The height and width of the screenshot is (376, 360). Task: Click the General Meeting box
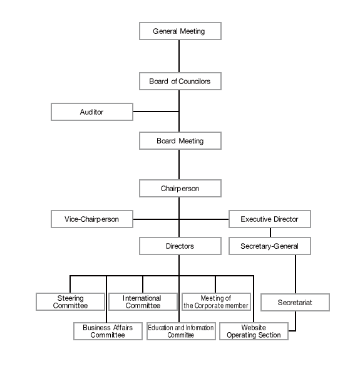[180, 31]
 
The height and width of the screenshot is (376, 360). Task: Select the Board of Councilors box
[180, 81]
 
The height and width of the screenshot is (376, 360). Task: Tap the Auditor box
[91, 112]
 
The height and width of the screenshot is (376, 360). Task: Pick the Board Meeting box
[180, 141]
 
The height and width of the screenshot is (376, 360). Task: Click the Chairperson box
[180, 187]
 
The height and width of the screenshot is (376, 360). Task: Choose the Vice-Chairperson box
[91, 219]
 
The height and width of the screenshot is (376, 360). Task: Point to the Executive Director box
[269, 219]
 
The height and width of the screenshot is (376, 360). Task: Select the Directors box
[180, 246]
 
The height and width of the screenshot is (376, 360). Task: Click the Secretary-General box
[269, 246]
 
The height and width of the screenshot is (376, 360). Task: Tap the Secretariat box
[295, 303]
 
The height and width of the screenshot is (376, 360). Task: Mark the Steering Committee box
[69, 302]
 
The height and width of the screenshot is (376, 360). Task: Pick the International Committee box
[143, 302]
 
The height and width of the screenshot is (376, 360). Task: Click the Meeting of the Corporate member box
[216, 302]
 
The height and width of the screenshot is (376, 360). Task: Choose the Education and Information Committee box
[181, 331]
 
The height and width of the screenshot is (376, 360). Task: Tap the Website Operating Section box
[254, 331]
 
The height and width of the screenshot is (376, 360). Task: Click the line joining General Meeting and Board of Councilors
[180, 56]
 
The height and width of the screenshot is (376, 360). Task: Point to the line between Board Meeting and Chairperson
[180, 164]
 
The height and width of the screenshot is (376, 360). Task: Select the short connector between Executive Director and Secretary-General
[269, 233]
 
